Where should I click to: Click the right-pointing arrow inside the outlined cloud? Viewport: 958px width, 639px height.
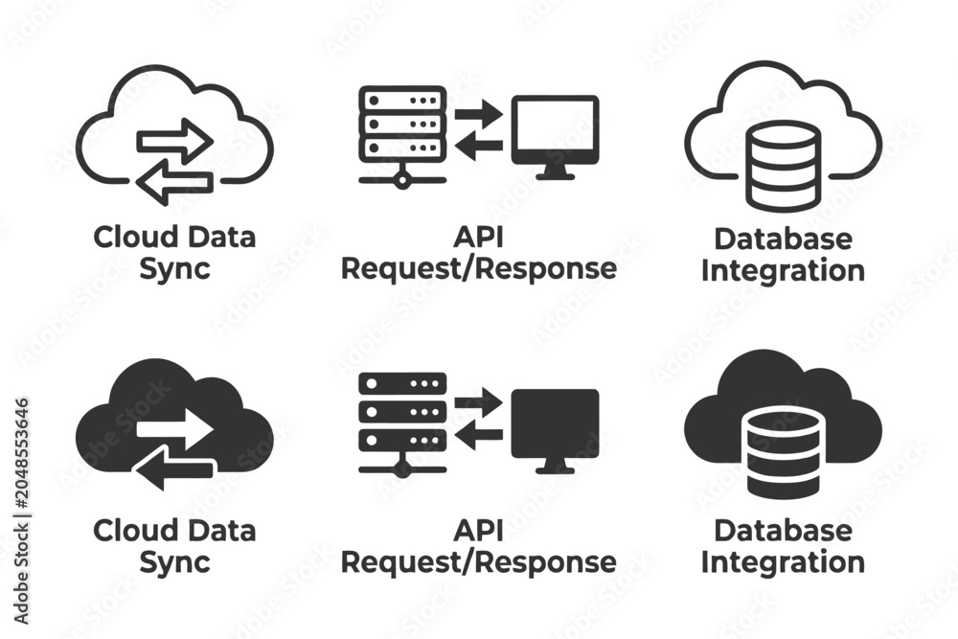tap(174, 141)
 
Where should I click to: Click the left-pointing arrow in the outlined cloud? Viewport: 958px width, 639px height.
tap(174, 181)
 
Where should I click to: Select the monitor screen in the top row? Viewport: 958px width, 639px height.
tap(555, 129)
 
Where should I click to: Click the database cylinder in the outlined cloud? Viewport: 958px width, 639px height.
tap(784, 165)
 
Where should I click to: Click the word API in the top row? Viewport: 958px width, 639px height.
tap(478, 237)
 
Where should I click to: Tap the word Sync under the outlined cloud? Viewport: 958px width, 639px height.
tap(174, 270)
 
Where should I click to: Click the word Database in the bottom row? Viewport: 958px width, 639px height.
tap(784, 530)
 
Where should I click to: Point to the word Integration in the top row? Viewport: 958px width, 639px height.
tap(784, 270)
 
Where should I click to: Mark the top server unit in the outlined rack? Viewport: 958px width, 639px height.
tap(402, 100)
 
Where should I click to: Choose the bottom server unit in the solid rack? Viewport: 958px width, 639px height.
tap(402, 440)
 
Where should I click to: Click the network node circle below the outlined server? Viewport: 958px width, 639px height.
tap(402, 179)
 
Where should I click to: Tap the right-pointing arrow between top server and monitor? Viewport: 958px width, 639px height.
tap(478, 114)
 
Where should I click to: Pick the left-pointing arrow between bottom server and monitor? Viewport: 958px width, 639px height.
tap(478, 435)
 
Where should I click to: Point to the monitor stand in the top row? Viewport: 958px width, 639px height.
tap(555, 171)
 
